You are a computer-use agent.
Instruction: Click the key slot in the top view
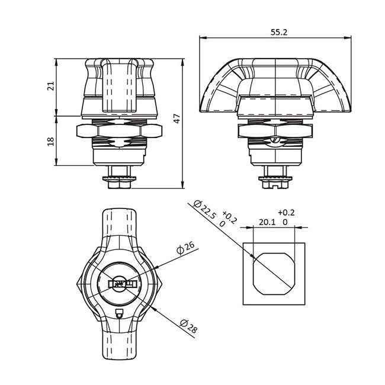point(121,284)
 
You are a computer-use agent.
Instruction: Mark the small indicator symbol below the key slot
point(120,314)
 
